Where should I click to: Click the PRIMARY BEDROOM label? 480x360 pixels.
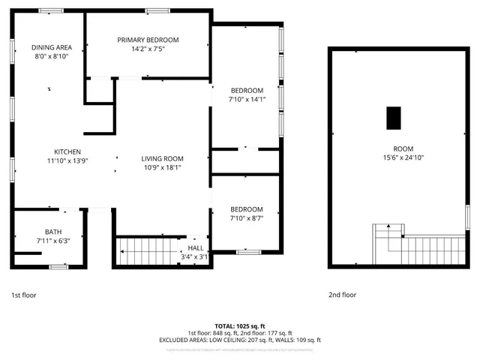tap(148, 40)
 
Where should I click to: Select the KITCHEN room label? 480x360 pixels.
tap(67, 151)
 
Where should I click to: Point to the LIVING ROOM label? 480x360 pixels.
tap(162, 158)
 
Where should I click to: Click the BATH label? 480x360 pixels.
tap(52, 232)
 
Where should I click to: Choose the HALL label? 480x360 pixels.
tap(196, 247)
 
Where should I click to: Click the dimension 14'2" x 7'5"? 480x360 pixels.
tap(148, 49)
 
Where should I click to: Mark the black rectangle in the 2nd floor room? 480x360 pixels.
tap(393, 118)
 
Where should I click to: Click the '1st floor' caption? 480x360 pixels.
tap(23, 295)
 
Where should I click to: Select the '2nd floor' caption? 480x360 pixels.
tap(343, 295)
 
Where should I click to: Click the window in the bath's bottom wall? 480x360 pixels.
tap(58, 267)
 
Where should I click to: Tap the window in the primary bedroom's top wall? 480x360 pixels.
tap(157, 10)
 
